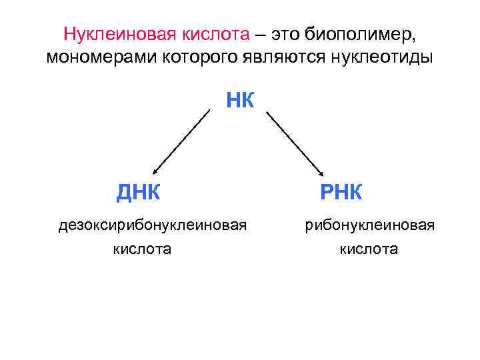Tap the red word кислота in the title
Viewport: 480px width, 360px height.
pyautogui.click(x=217, y=34)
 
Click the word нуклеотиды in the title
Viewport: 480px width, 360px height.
pyautogui.click(x=380, y=57)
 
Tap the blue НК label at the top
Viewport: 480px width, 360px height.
pyautogui.click(x=240, y=101)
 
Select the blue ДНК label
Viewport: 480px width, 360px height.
pyautogui.click(x=138, y=193)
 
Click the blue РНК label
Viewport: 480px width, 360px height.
pyautogui.click(x=341, y=193)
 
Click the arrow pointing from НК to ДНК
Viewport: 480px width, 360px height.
pyautogui.click(x=181, y=141)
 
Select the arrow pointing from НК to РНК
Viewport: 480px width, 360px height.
pyautogui.click(x=295, y=143)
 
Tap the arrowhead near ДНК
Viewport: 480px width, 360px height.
pyautogui.click(x=156, y=171)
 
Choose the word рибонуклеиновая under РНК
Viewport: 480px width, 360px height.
pyautogui.click(x=370, y=225)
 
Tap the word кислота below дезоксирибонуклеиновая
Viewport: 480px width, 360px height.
pyautogui.click(x=142, y=249)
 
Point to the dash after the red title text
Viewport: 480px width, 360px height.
pyautogui.click(x=259, y=34)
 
